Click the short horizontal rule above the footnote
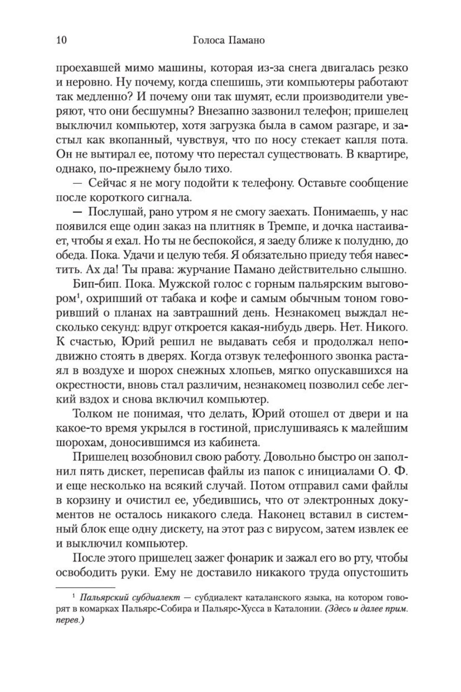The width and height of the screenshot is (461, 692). tap(85, 588)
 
